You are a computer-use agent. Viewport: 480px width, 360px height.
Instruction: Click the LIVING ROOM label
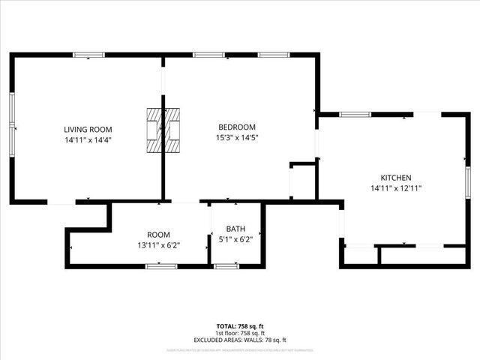pyautogui.click(x=88, y=130)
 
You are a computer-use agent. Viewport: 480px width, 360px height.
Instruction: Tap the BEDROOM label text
pyautogui.click(x=237, y=127)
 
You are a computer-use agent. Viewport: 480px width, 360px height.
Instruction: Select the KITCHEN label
pyautogui.click(x=391, y=178)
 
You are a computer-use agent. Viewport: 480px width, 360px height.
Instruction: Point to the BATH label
pyautogui.click(x=236, y=229)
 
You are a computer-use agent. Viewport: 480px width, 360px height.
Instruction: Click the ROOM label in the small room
pyautogui.click(x=158, y=235)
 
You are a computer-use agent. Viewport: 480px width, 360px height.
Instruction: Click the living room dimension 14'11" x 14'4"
pyautogui.click(x=88, y=139)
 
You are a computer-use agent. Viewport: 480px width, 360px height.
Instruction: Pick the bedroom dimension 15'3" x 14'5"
pyautogui.click(x=237, y=138)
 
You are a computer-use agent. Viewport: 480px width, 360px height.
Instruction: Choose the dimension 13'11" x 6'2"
pyautogui.click(x=158, y=245)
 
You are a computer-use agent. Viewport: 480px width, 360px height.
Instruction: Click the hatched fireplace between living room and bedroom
pyautogui.click(x=163, y=130)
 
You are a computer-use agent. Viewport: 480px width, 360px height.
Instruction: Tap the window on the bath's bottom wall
pyautogui.click(x=226, y=265)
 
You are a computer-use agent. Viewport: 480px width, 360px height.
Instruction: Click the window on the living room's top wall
pyautogui.click(x=88, y=54)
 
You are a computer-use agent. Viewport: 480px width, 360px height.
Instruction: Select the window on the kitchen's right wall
pyautogui.click(x=467, y=182)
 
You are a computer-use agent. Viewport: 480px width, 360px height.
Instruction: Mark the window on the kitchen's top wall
pyautogui.click(x=355, y=114)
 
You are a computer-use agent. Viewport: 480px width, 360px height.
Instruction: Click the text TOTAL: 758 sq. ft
pyautogui.click(x=240, y=325)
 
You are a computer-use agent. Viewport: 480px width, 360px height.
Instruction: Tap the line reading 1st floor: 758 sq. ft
pyautogui.click(x=240, y=331)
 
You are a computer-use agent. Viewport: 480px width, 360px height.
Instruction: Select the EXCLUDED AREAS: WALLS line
pyautogui.click(x=240, y=338)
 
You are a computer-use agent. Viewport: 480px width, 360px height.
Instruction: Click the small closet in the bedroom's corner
pyautogui.click(x=303, y=182)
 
